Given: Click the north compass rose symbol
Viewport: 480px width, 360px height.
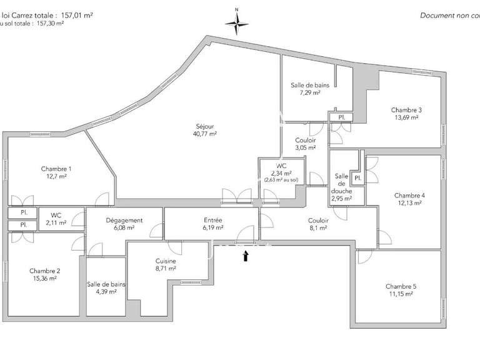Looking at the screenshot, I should pos(237,24).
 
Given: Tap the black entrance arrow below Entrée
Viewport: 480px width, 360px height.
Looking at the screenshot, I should pos(246,255).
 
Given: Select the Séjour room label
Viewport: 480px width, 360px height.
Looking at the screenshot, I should pos(204,124).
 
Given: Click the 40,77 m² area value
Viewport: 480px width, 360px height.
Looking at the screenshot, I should pos(204,133).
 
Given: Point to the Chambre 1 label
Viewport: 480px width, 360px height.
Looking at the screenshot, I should pos(56,169).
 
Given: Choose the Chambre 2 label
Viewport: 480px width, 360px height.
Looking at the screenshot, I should pos(44,271).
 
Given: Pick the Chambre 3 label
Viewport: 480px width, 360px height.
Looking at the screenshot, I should pos(406,108).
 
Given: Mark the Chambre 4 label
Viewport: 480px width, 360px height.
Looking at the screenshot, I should pos(410,195).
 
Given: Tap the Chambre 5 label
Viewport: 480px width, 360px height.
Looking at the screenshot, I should pos(401,286).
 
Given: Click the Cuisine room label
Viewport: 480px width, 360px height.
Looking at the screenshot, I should pos(166,261).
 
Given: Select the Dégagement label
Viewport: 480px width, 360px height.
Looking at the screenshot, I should pos(126,220).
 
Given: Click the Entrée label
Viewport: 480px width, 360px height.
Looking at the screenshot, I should pos(212,220).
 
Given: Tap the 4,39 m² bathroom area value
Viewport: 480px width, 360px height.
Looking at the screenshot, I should pos(106,292).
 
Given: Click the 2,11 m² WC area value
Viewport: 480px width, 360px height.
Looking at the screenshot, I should pos(56,223).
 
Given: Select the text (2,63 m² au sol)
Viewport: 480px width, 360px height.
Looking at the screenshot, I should pos(281,181).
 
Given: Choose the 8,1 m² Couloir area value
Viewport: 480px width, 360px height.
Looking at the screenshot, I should pos(319,228).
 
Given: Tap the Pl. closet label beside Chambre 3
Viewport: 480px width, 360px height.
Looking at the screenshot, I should pos(341,117).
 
